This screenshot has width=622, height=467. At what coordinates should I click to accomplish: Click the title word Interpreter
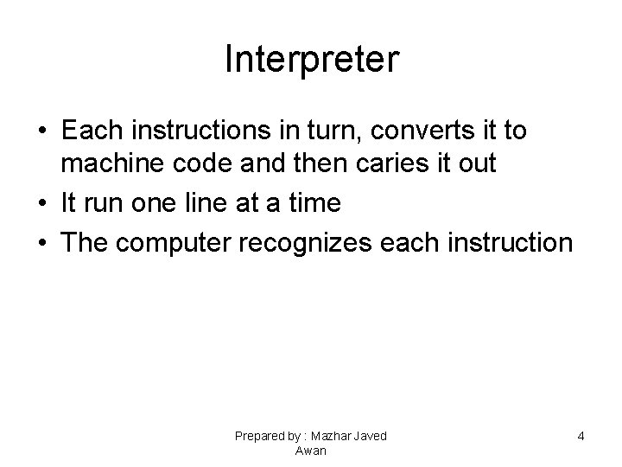pyautogui.click(x=311, y=60)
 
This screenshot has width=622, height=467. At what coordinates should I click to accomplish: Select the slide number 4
pyautogui.click(x=581, y=437)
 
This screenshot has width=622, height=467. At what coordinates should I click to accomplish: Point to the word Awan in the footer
pyautogui.click(x=311, y=451)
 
